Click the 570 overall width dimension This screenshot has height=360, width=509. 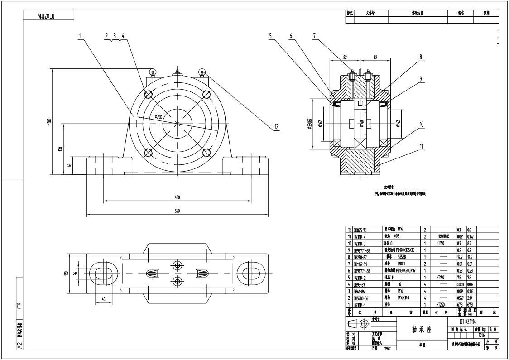pos(177,211)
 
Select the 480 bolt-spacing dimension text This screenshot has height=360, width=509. pos(177,197)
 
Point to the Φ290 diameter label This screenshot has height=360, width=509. pos(158,117)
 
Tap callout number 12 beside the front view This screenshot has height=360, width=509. pos(276,127)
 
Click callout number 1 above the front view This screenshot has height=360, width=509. pos(80,35)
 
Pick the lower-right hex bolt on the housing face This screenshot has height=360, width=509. pos(206,153)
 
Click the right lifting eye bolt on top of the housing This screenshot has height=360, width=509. pos(202,72)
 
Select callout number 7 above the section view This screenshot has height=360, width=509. pos(314,35)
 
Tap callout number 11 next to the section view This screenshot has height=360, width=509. pos(421,146)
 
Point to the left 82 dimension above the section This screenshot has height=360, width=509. pos(345,58)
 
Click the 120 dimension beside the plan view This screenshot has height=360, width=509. pos(66,273)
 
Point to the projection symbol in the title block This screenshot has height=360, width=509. pos(358,324)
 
